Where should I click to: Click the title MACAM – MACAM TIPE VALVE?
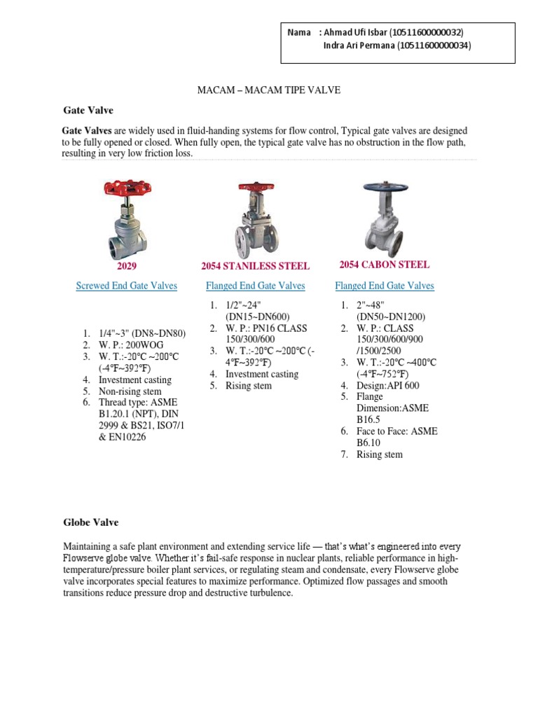[268, 92]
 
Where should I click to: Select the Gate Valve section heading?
[88, 111]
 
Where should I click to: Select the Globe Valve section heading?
[91, 522]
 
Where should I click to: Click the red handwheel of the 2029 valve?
[127, 188]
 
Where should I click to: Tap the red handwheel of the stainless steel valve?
[256, 187]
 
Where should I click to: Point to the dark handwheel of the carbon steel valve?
[384, 188]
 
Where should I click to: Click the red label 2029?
[127, 266]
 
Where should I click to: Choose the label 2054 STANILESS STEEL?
[255, 266]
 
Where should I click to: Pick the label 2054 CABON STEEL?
[384, 265]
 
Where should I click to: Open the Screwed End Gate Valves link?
[126, 286]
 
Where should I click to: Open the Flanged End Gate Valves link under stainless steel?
[255, 286]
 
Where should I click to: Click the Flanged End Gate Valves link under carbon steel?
[385, 286]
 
